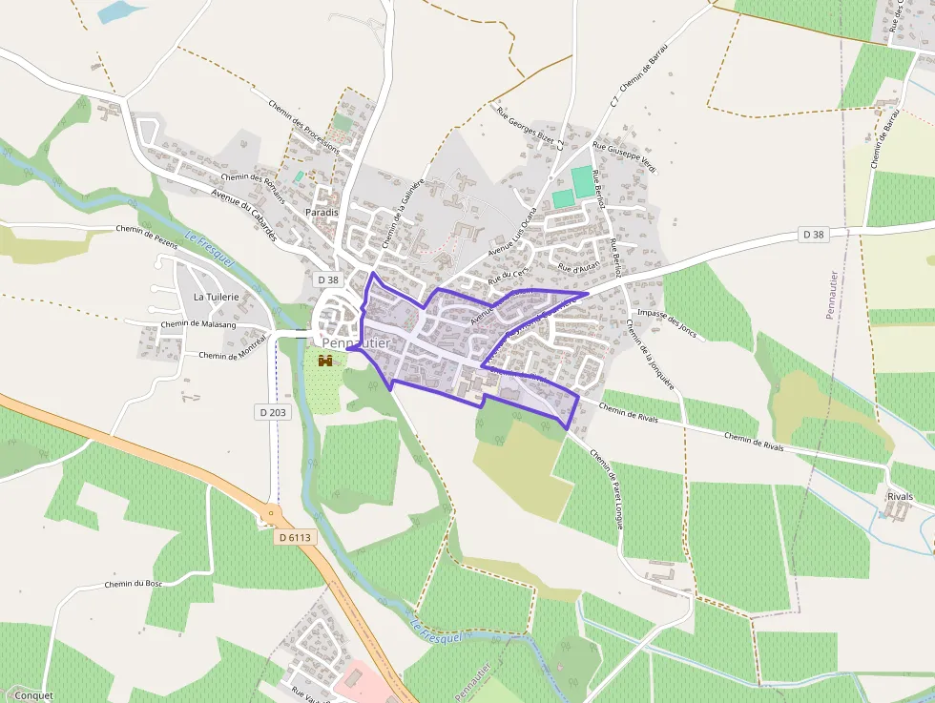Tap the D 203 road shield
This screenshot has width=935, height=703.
tap(272, 412)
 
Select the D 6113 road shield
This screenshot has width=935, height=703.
tap(295, 537)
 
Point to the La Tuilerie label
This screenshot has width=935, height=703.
tap(216, 297)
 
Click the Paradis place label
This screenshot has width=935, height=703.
tap(322, 212)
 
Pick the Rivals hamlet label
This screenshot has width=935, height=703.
tap(900, 497)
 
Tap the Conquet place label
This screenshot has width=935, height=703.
tap(34, 695)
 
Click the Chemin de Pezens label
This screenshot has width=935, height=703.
tap(148, 229)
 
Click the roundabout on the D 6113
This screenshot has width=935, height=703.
tap(271, 513)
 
